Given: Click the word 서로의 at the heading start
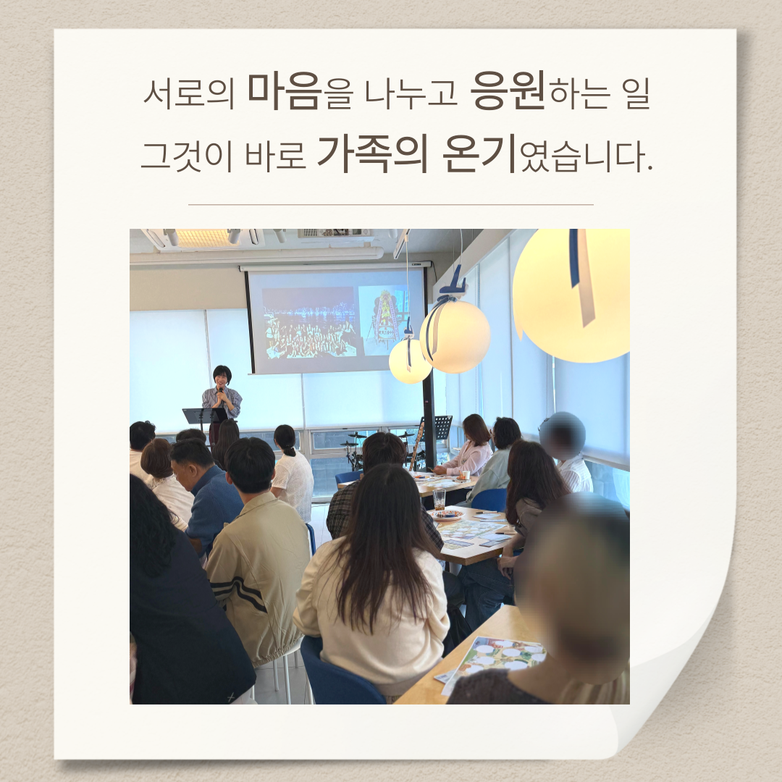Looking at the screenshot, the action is (x=188, y=93).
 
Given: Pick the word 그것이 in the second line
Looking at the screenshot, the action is (x=186, y=156).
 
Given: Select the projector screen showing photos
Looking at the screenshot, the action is (x=336, y=321).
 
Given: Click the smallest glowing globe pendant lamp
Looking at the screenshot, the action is (x=409, y=361).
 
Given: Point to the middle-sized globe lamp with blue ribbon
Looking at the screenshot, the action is (x=454, y=336).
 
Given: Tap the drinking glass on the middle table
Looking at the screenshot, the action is (x=439, y=499).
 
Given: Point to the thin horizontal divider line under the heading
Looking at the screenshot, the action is (x=391, y=204).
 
